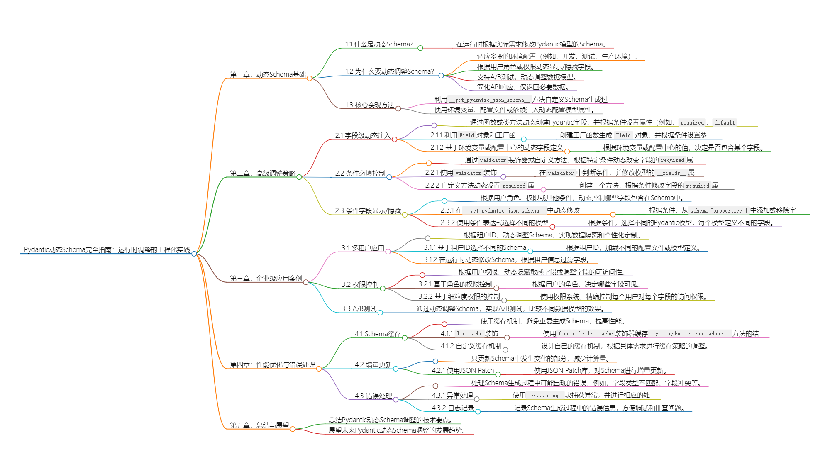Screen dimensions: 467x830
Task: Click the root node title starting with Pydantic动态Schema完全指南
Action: [x=107, y=249]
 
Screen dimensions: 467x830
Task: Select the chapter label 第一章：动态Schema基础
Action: [x=268, y=74]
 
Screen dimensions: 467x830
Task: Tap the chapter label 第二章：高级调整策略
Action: [x=263, y=173]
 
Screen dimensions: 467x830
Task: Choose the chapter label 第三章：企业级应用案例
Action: [x=266, y=278]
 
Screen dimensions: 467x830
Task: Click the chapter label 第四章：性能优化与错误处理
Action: [x=273, y=364]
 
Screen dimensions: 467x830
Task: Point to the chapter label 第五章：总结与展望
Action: [x=259, y=425]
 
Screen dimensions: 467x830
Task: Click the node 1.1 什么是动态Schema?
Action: [x=379, y=44]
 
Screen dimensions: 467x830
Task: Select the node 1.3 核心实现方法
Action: [x=370, y=105]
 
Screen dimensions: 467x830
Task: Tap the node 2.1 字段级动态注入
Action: [x=363, y=135]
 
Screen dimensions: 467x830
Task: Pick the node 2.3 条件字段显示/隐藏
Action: [x=368, y=210]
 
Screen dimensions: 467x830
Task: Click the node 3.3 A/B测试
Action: [x=359, y=308]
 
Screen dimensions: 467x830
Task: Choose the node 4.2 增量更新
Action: [x=373, y=364]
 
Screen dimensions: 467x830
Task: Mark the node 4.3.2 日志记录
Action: [x=453, y=408]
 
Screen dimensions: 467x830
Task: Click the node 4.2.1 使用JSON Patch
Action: [x=463, y=370]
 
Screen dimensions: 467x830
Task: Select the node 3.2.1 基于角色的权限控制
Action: [x=455, y=284]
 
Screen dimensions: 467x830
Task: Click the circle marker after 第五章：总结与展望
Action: [x=293, y=429]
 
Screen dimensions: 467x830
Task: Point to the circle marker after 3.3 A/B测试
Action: [x=380, y=313]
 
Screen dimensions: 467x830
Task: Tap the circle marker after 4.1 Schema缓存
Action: [x=405, y=338]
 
